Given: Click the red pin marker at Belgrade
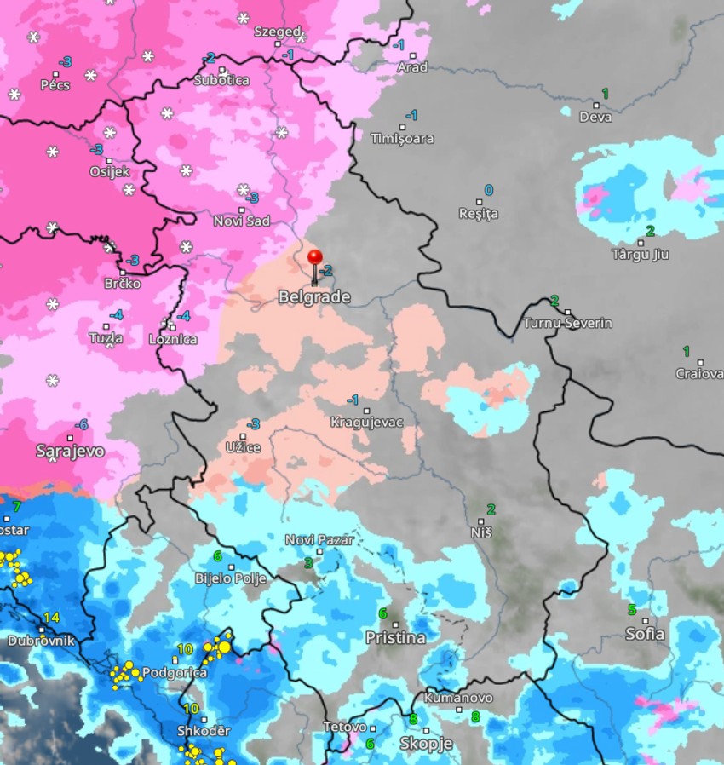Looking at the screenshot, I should (x=314, y=257).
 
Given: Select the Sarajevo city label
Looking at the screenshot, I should (x=70, y=451).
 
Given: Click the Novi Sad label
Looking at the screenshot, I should (x=241, y=221).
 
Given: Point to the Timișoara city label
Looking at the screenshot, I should (x=402, y=139).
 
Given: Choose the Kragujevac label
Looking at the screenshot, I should (x=366, y=422).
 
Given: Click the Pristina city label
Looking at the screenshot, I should (x=395, y=637).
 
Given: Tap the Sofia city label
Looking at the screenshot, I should (x=645, y=635).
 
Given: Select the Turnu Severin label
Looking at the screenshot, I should (x=567, y=324).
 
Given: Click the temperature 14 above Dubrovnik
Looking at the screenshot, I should (x=51, y=618).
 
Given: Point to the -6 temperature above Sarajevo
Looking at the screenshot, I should (x=81, y=424).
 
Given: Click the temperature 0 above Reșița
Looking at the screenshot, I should (x=488, y=190).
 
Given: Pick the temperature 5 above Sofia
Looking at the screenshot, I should (x=631, y=609).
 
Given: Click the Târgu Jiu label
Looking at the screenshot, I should (x=641, y=254).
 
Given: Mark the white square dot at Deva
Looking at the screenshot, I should (x=595, y=106).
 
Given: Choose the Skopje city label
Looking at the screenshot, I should (x=426, y=744).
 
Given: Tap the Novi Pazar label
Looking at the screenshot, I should (x=319, y=539).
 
